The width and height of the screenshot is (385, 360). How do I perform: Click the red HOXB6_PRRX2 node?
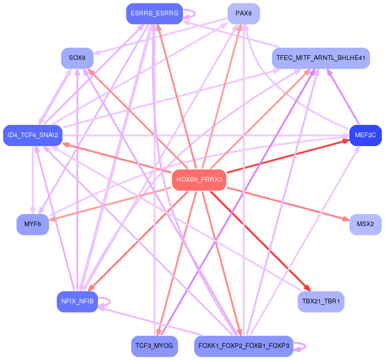coord(199,180)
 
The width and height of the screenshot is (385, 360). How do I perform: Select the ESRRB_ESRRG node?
coord(154,14)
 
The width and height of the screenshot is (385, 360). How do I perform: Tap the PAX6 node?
coord(244,14)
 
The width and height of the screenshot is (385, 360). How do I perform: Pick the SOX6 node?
coord(77,58)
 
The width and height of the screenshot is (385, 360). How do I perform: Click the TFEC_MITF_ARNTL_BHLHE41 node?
coord(321,58)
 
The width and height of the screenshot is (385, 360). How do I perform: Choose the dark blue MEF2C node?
coord(365,135)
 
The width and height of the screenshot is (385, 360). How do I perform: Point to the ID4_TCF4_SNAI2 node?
coord(33,135)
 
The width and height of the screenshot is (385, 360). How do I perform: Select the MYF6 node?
coord(33,224)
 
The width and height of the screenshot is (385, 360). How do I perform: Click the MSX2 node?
coord(365,224)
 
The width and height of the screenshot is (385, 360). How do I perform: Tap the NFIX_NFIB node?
coord(77,301)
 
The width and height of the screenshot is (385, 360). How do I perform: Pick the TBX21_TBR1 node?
coord(321,301)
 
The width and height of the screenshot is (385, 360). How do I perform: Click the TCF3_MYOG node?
coord(154,346)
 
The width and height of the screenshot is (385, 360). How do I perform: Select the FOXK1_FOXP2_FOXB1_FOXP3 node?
coord(244,346)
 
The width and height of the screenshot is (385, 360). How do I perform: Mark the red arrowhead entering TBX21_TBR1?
coord(307,288)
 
